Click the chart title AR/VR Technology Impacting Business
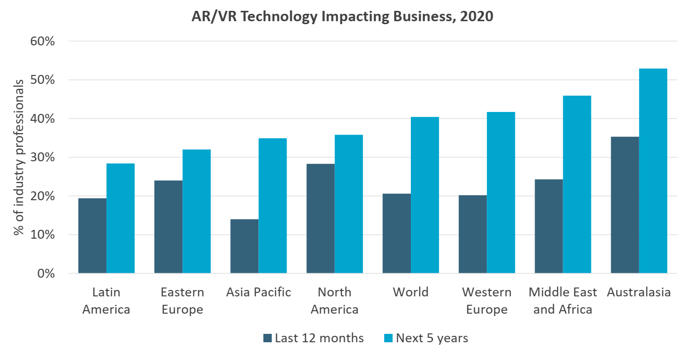click(342, 16)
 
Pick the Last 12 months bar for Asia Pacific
click(244, 246)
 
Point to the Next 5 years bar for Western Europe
click(501, 192)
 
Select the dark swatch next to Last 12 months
click(268, 338)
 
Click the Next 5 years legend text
click(432, 338)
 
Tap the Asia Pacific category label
click(258, 292)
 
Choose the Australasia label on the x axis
click(639, 292)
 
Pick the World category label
click(410, 292)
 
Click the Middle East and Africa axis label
click(563, 301)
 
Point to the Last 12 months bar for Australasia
click(624, 205)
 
